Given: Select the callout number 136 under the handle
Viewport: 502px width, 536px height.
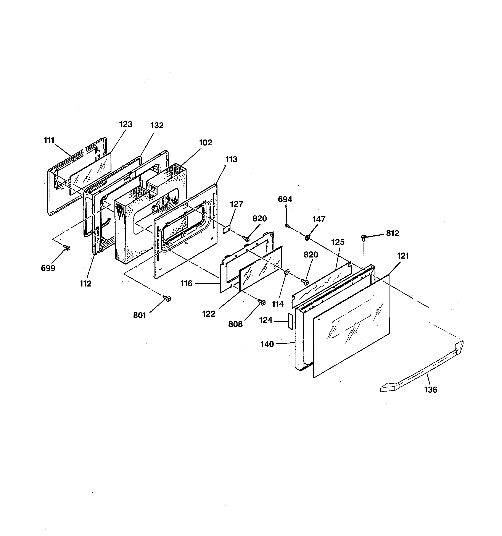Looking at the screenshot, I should (x=431, y=390).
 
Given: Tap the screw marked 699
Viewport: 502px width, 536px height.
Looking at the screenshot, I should (x=67, y=248).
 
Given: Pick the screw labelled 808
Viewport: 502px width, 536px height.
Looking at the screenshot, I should (x=262, y=303).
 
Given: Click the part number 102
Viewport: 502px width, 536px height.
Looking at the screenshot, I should (x=206, y=143).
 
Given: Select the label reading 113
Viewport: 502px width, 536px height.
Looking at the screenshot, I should (x=231, y=159).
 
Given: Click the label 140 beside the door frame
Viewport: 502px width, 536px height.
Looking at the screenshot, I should (x=267, y=344).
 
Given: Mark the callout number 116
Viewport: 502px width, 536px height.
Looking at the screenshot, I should (x=187, y=283).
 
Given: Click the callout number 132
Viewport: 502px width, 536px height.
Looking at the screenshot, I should (x=157, y=126).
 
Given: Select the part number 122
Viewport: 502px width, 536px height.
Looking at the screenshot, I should (x=209, y=314).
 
